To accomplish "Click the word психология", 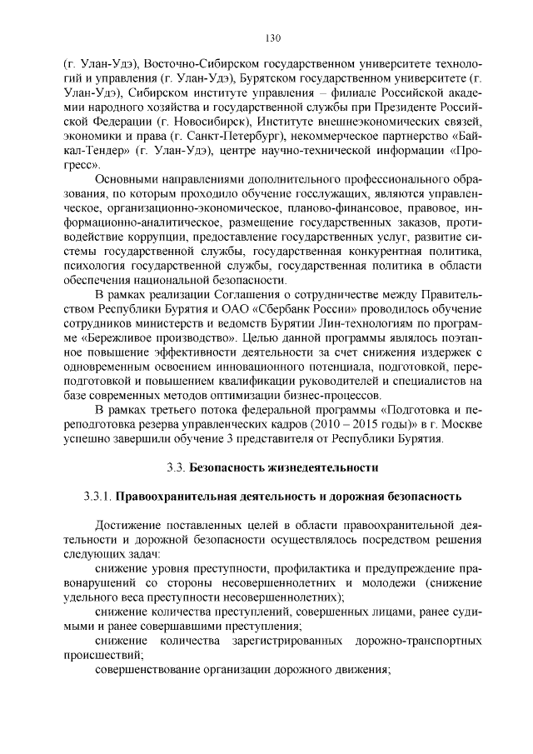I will (92, 267).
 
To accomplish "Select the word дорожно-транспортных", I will (421, 640).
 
